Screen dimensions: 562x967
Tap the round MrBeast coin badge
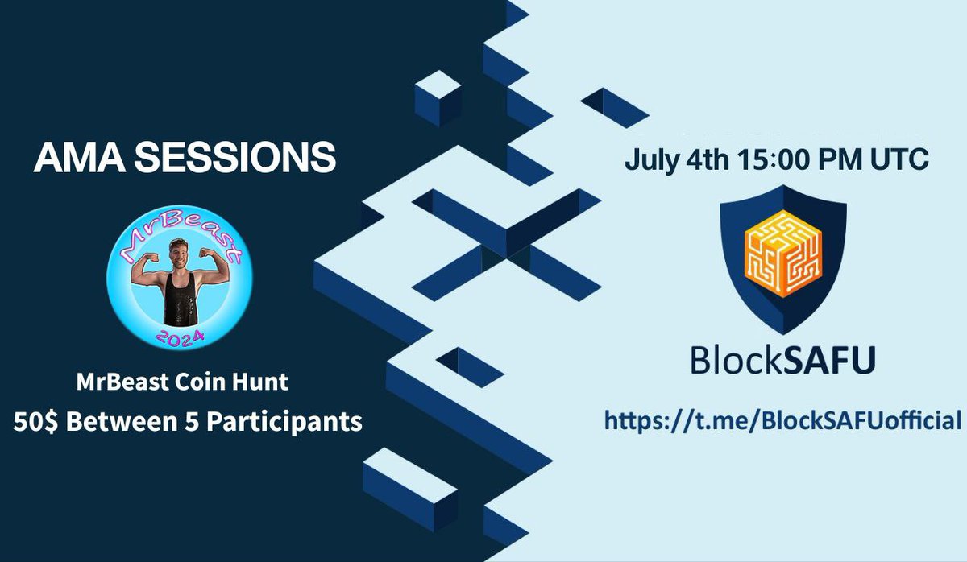point(180,282)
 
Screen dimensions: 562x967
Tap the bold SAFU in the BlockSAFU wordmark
point(827,360)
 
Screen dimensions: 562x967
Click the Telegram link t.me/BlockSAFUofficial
point(782,419)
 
